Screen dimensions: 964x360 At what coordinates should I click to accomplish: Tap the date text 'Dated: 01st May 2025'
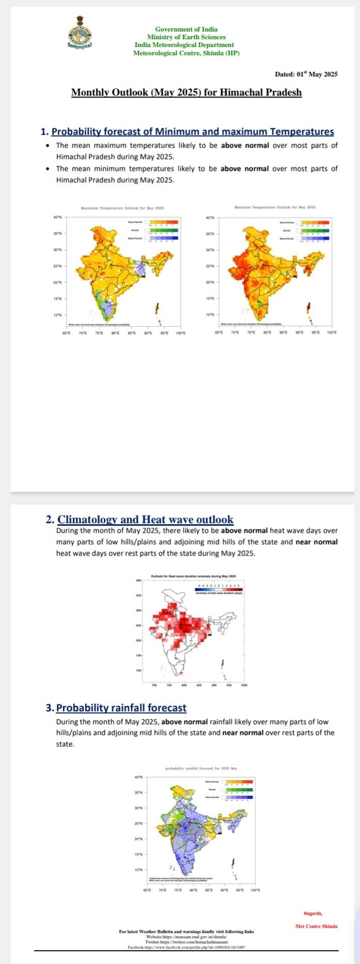click(306, 74)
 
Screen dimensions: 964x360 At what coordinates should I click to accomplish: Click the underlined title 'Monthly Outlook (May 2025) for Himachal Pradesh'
click(186, 92)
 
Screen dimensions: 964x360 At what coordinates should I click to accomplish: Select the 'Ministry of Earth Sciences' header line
click(186, 37)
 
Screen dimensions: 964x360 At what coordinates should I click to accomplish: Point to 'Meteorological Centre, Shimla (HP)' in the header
click(186, 53)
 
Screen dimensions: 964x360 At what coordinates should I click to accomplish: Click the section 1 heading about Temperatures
click(193, 132)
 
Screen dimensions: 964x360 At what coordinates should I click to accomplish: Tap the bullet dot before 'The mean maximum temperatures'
click(48, 146)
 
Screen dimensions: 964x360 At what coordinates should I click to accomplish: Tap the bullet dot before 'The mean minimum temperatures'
click(48, 169)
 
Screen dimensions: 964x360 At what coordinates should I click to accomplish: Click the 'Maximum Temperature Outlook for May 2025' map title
click(122, 208)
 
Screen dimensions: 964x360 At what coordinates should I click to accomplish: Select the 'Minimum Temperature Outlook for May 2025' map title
click(275, 207)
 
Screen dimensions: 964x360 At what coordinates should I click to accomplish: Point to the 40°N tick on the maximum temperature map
click(57, 218)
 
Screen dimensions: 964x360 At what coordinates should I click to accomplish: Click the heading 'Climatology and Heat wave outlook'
click(145, 519)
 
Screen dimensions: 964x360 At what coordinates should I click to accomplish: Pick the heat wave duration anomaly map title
click(193, 576)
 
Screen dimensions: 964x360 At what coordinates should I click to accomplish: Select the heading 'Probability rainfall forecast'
click(121, 707)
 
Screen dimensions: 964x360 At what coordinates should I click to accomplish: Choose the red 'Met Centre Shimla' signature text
click(316, 926)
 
